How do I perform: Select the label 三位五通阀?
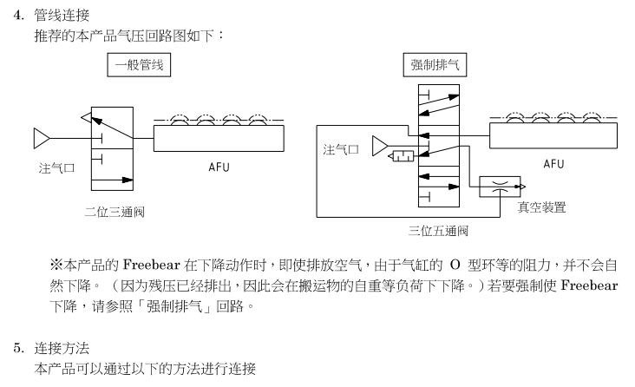(x=439, y=231)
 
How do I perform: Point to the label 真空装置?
(x=542, y=207)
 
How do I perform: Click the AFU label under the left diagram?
(x=219, y=167)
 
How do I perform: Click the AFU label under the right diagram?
(x=553, y=163)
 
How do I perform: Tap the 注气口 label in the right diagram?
(x=341, y=150)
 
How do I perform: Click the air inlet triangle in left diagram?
(x=42, y=138)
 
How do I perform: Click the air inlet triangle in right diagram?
(x=379, y=146)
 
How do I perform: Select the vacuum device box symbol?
(x=502, y=186)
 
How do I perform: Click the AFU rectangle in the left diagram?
(x=219, y=138)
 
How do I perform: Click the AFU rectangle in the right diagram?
(x=553, y=136)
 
